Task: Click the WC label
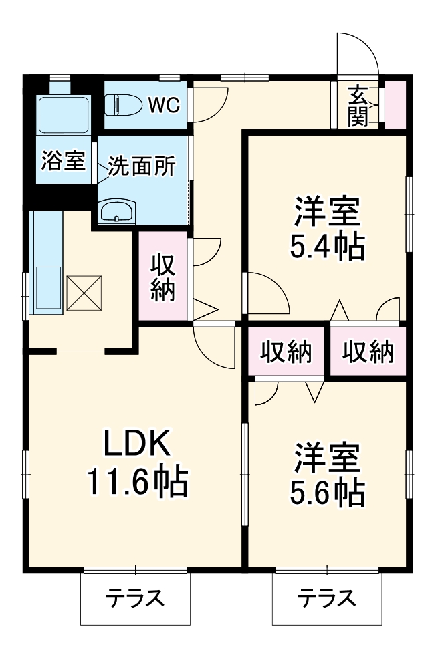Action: pyautogui.click(x=164, y=104)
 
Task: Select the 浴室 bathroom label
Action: pyautogui.click(x=63, y=160)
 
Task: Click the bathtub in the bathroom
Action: pyautogui.click(x=63, y=115)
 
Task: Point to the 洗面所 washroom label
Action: pyautogui.click(x=142, y=166)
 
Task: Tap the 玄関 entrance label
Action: pyautogui.click(x=358, y=106)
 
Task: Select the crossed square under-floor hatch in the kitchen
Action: pyautogui.click(x=82, y=293)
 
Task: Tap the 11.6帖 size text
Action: pyautogui.click(x=137, y=481)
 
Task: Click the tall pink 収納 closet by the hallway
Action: pyautogui.click(x=162, y=277)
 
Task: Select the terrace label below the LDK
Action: pyautogui.click(x=136, y=598)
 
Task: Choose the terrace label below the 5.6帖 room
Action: pyautogui.click(x=326, y=598)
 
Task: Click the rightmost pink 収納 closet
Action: pyautogui.click(x=368, y=352)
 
